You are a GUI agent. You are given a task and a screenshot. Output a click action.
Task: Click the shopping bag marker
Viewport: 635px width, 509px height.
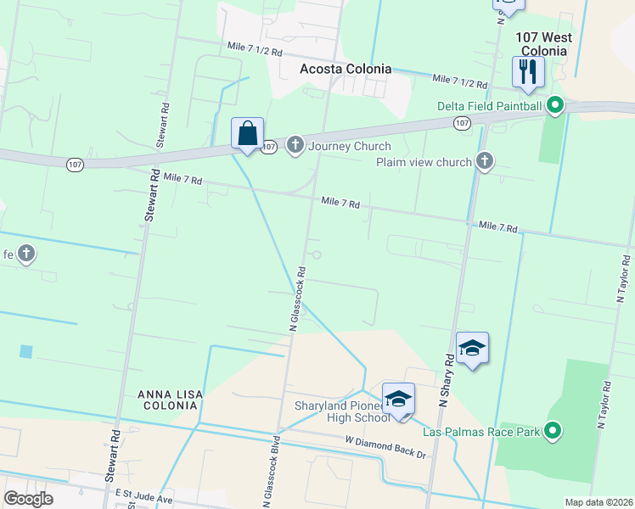[247, 134]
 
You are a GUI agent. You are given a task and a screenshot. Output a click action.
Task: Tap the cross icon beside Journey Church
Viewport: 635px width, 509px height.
[295, 146]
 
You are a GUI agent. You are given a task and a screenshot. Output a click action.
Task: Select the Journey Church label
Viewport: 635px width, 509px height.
[349, 147]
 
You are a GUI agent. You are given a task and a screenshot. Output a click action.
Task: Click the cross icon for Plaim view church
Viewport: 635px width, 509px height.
[485, 161]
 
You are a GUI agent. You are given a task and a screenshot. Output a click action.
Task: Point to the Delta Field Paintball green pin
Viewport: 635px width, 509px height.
[555, 106]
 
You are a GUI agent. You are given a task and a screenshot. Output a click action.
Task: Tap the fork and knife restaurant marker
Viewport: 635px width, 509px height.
[527, 73]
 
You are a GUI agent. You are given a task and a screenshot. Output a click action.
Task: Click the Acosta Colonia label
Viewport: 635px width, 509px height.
[346, 69]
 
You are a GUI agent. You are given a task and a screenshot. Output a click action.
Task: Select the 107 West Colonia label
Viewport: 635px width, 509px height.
[543, 44]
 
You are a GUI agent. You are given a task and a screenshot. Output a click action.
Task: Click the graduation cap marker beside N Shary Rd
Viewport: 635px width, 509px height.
[472, 349]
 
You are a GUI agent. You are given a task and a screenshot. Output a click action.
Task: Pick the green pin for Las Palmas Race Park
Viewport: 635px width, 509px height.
[554, 433]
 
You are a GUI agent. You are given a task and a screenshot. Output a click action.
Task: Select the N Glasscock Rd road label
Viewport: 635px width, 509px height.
[297, 298]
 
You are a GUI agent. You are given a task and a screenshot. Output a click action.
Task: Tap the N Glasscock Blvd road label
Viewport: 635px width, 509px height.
[273, 468]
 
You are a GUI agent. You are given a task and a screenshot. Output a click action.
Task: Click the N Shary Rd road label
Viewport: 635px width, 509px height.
[445, 383]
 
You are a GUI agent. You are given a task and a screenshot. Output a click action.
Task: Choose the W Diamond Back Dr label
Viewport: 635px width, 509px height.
[385, 447]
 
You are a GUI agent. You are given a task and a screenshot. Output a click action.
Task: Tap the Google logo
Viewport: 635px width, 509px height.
[29, 499]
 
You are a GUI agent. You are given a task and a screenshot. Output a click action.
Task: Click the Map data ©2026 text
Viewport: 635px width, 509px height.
[598, 502]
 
